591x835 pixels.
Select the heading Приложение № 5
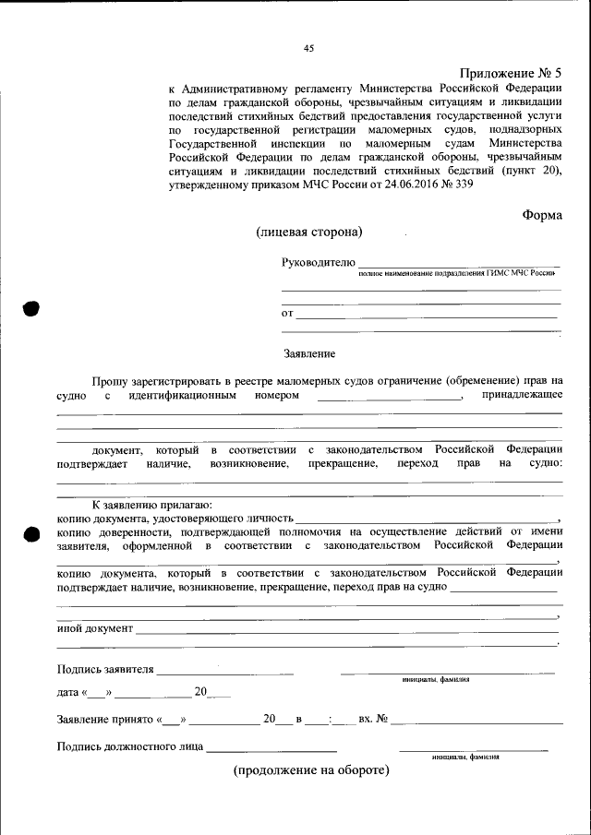pos(510,73)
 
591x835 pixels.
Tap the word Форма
pos(541,214)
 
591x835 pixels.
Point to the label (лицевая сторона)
pos(309,232)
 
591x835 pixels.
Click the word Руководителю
pos(318,263)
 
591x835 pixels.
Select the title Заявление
pos(309,353)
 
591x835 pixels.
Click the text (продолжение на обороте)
pos(311,769)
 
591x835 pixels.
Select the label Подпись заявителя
pos(105,669)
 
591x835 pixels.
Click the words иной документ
pos(95,628)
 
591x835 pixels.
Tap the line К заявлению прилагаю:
pos(151,505)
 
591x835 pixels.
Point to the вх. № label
pos(372,718)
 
